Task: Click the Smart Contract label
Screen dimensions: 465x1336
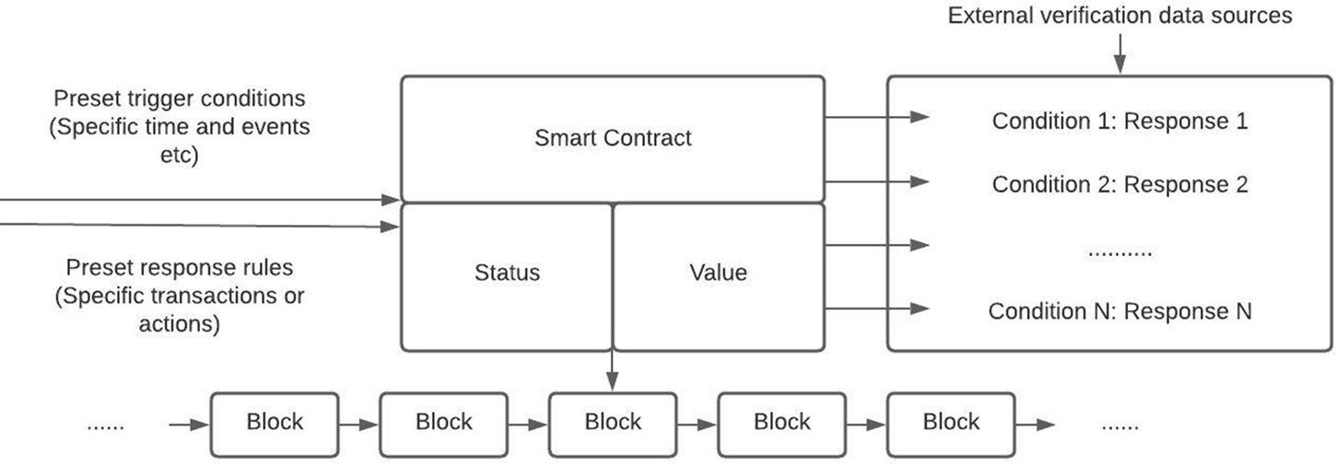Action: [613, 138]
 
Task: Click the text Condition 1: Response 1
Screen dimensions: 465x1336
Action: [1119, 121]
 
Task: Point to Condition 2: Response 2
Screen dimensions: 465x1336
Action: [1119, 184]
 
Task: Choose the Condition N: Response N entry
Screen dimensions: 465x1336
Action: [1119, 310]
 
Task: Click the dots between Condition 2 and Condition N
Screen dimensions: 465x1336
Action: [1119, 250]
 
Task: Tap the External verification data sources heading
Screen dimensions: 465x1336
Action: [1119, 16]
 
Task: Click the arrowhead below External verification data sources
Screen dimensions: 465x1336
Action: [1119, 65]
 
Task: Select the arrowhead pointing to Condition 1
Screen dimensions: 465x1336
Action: [920, 117]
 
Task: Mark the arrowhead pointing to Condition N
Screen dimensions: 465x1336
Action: [920, 308]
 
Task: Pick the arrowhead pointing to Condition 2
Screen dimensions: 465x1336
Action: [920, 182]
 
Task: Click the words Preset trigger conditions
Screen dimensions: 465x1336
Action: [179, 99]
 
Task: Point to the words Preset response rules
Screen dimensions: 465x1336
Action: [179, 268]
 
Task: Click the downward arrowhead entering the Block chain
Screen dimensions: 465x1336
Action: [613, 381]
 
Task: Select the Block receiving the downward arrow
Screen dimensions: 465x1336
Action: [613, 424]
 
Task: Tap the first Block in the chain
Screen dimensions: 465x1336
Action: [275, 424]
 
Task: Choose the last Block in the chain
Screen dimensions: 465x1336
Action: [951, 424]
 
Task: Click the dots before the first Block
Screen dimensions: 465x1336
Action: [105, 425]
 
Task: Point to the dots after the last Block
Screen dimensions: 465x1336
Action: [1119, 425]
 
